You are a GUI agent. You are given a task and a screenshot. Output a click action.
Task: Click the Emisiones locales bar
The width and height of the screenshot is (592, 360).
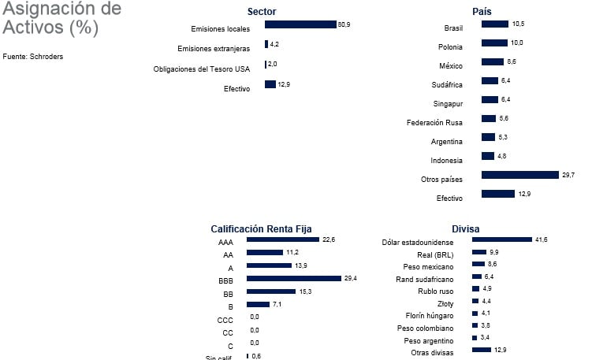300,24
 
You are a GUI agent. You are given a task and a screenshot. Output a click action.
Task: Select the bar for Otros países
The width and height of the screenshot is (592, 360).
519,175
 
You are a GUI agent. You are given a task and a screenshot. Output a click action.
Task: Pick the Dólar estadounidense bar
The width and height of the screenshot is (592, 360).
501,239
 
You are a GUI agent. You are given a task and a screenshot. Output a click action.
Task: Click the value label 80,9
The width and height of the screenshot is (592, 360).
344,24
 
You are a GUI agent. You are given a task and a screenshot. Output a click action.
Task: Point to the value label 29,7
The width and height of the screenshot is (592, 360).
568,175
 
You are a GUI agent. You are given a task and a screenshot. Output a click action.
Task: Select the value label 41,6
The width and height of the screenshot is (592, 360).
542,239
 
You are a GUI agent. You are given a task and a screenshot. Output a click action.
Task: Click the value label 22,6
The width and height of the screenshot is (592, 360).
329,239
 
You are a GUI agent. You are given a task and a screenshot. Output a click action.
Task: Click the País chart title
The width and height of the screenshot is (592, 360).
482,11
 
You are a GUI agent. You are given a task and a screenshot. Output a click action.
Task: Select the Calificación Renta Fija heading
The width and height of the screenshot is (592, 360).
261,228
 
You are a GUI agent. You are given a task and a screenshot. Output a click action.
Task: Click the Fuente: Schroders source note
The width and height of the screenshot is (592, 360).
33,57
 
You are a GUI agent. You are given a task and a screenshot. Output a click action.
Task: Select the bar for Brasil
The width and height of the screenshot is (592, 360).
494,24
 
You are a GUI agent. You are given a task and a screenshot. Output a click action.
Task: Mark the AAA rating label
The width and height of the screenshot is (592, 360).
225,243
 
